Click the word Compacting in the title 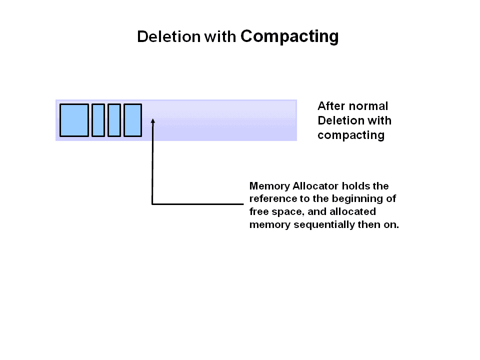pos(289,36)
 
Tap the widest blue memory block pos(74,120)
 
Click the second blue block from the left pos(98,120)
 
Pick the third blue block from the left pos(114,120)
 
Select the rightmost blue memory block pos(132,120)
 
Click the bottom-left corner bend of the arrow pos(152,203)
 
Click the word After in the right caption pos(331,106)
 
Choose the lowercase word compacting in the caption pos(350,135)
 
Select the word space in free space pos(286,211)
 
